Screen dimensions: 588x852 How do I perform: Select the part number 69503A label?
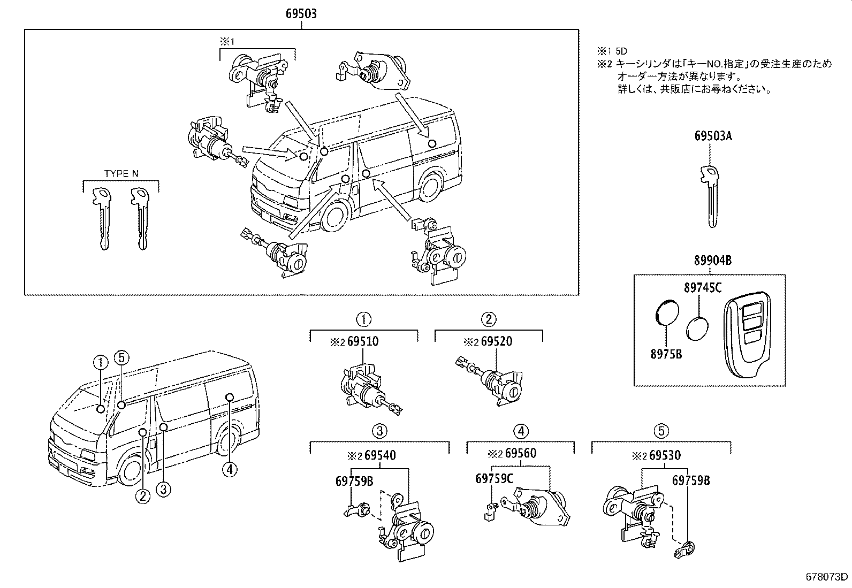(713, 136)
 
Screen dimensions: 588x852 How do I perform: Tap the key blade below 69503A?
(711, 198)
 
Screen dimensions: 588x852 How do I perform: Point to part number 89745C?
(702, 288)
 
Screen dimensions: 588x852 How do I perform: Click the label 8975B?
(666, 354)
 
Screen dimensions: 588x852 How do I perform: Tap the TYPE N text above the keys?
(121, 173)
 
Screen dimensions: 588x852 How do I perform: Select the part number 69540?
(379, 455)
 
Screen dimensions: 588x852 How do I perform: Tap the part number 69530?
(665, 455)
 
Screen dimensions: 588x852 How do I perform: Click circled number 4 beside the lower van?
(229, 469)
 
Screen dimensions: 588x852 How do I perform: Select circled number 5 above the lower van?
(121, 358)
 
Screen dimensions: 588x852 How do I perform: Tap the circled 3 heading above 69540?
(379, 431)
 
